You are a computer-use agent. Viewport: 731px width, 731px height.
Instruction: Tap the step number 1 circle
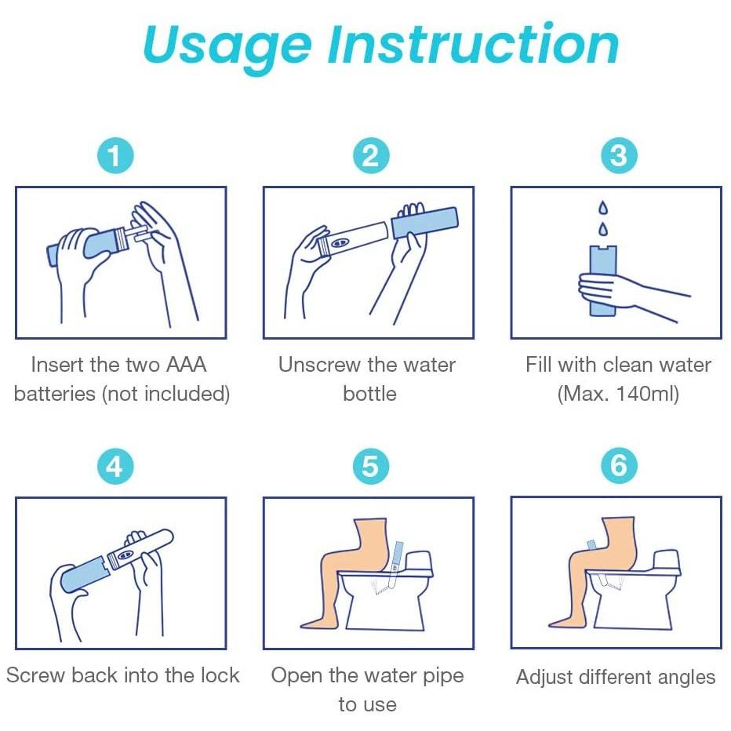[115, 156]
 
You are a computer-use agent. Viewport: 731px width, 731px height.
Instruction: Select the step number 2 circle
[370, 156]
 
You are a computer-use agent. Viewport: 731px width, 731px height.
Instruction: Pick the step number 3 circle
[619, 156]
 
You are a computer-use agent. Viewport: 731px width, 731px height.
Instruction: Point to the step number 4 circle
[115, 467]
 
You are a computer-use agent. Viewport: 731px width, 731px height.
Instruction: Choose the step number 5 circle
[370, 467]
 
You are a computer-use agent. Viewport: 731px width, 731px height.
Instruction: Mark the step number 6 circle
[619, 467]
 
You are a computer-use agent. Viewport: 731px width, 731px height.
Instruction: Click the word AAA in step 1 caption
[185, 365]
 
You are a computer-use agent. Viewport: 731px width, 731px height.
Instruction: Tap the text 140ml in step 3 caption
[643, 394]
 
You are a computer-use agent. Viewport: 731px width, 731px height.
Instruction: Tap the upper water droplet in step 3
[602, 209]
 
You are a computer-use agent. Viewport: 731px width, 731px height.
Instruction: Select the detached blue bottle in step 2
[424, 222]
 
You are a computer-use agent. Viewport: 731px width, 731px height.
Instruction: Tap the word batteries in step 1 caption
[55, 394]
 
